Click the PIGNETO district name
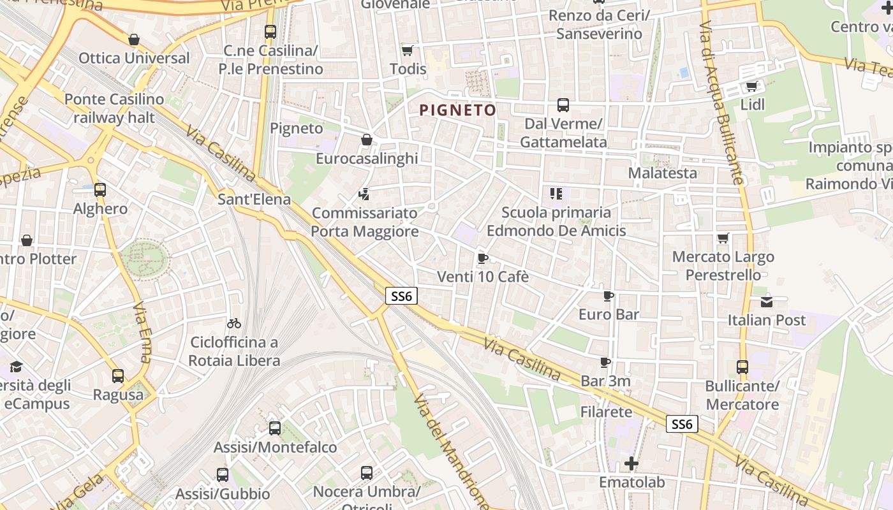457,110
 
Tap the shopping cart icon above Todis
407,50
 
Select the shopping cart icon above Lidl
751,86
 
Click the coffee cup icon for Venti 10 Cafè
482,258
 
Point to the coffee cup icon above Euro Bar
608,296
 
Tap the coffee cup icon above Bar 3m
605,363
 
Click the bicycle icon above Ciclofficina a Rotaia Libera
234,323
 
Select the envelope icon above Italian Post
766,302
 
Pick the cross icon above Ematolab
631,463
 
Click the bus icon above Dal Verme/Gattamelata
563,105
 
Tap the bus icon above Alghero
100,190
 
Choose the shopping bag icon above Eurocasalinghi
367,140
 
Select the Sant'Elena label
254,199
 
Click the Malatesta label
662,173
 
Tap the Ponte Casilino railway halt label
114,108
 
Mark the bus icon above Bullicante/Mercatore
742,367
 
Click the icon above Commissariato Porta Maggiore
364,194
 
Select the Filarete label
606,412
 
